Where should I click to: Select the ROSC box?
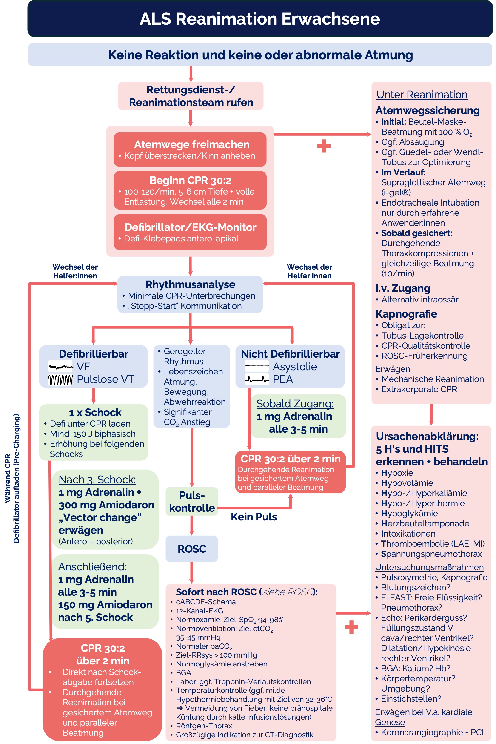click(x=192, y=549)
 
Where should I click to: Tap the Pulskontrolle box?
click(x=192, y=502)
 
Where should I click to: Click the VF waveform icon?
click(x=60, y=367)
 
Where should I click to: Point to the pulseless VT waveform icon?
click(x=60, y=379)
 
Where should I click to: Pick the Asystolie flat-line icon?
click(x=257, y=366)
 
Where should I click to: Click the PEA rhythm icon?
click(x=257, y=379)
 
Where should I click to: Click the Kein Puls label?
click(x=254, y=517)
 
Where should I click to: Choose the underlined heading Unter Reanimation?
click(x=422, y=95)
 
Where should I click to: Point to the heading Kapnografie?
click(x=406, y=314)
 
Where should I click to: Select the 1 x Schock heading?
click(x=95, y=412)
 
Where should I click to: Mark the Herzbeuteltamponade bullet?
click(x=425, y=523)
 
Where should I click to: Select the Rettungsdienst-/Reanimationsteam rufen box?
click(x=191, y=96)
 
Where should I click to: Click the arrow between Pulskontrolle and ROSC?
click(x=192, y=525)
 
